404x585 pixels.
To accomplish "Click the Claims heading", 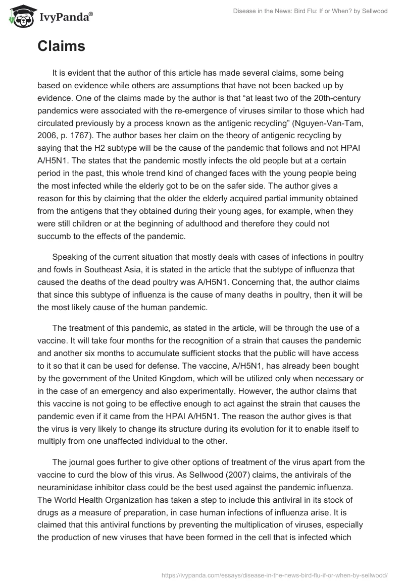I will (x=61, y=47).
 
